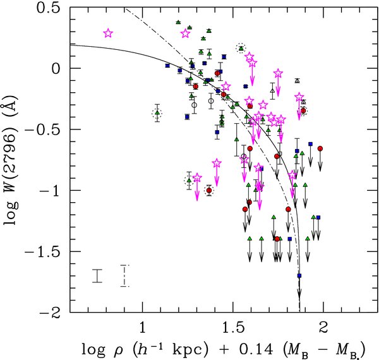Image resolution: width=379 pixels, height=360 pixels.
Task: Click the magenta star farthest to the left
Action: click(x=108, y=33)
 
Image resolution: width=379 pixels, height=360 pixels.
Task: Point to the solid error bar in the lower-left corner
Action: click(x=97, y=275)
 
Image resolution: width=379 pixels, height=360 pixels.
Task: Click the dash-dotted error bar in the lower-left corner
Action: click(x=125, y=275)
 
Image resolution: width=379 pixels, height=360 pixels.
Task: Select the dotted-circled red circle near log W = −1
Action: click(x=208, y=190)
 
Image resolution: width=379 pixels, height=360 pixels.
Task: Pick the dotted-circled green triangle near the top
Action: click(x=241, y=48)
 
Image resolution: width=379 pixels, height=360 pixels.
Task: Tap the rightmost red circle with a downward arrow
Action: click(x=320, y=148)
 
